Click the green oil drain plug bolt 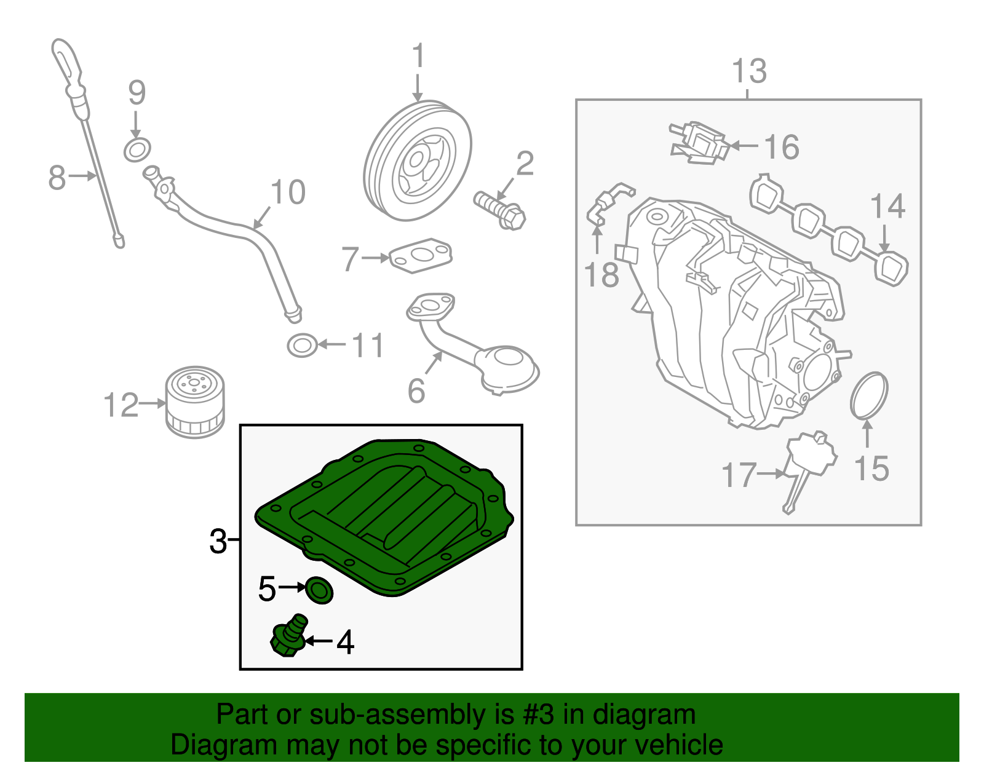click(287, 637)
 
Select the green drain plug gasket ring click(319, 590)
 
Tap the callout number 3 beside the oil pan click(218, 542)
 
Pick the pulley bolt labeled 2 click(499, 209)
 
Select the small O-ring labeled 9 click(137, 149)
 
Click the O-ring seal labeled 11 click(302, 346)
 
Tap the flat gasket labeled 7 click(421, 256)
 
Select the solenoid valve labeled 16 click(699, 143)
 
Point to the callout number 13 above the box click(749, 71)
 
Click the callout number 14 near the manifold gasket click(887, 207)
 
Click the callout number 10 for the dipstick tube click(288, 192)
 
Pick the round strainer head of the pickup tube click(509, 368)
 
